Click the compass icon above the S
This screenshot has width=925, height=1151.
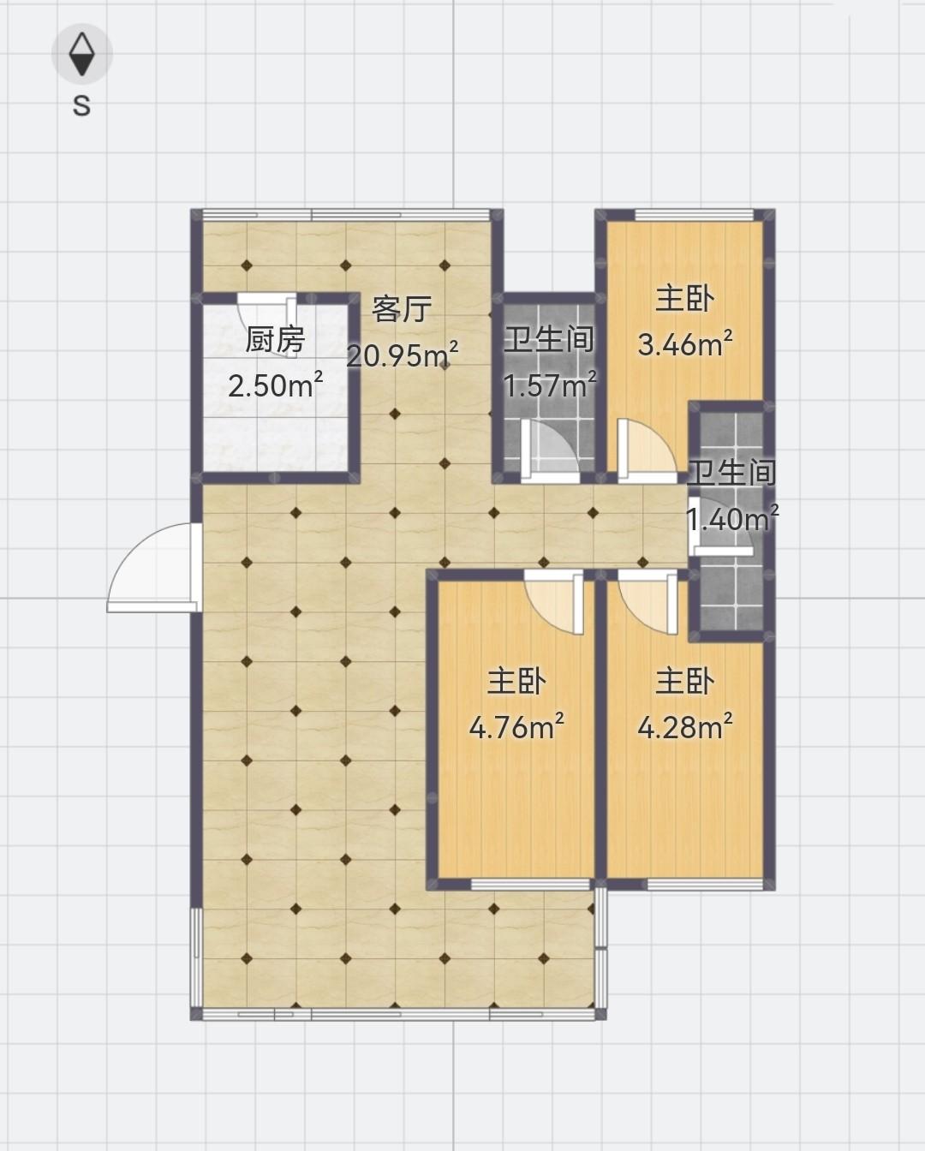click(82, 53)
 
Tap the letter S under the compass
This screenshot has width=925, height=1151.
click(81, 106)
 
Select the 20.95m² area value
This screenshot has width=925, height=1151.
click(403, 355)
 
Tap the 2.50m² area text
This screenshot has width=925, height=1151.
click(276, 385)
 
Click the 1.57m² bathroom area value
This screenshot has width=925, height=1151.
click(551, 385)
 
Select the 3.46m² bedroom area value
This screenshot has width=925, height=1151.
click(685, 344)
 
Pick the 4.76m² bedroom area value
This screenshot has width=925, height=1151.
click(516, 727)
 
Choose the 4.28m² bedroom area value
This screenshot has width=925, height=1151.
click(685, 727)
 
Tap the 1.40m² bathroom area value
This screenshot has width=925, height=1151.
click(732, 518)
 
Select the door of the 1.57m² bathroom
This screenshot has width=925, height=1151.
click(551, 450)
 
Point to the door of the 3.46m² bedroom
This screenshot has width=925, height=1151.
click(647, 450)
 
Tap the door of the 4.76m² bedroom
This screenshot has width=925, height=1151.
click(554, 602)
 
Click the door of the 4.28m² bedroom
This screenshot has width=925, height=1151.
click(647, 602)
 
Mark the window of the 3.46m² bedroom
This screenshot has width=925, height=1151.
click(694, 215)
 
